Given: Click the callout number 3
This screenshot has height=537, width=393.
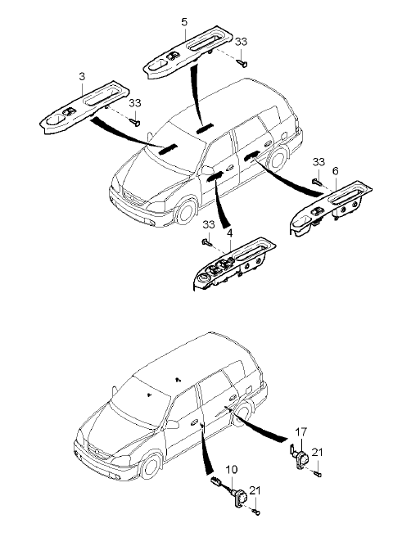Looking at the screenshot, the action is tap(82, 76).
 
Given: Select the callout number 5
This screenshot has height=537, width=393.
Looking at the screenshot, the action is tap(184, 22).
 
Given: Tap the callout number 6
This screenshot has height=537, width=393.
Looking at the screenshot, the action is tap(335, 170).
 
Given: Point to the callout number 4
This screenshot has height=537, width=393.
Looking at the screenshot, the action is tap(229, 233).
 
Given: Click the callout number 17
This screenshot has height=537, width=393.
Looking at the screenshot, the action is tap(301, 432).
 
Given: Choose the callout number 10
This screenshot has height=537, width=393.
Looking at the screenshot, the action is tap(232, 469).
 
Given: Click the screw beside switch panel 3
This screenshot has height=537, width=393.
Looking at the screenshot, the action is tap(135, 122).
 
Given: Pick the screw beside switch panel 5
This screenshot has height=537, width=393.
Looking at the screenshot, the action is tap(242, 63).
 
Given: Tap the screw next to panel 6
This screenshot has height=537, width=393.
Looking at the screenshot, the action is tap(317, 182).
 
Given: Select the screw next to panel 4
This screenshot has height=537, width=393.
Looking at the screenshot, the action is tap(207, 243).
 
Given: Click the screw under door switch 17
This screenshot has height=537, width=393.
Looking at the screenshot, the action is tap(318, 474).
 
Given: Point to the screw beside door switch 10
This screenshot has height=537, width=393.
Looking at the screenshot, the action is tap(256, 512).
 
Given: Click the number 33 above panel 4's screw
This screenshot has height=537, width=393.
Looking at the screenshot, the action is tap(209, 224).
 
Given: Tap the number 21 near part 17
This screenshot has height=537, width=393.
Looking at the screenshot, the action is tap(318, 452).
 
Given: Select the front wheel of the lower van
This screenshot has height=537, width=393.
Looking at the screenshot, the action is tap(150, 466).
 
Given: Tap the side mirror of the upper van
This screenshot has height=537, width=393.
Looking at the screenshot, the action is tap(207, 170).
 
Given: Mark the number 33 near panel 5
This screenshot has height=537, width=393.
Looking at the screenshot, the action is tap(241, 42).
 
